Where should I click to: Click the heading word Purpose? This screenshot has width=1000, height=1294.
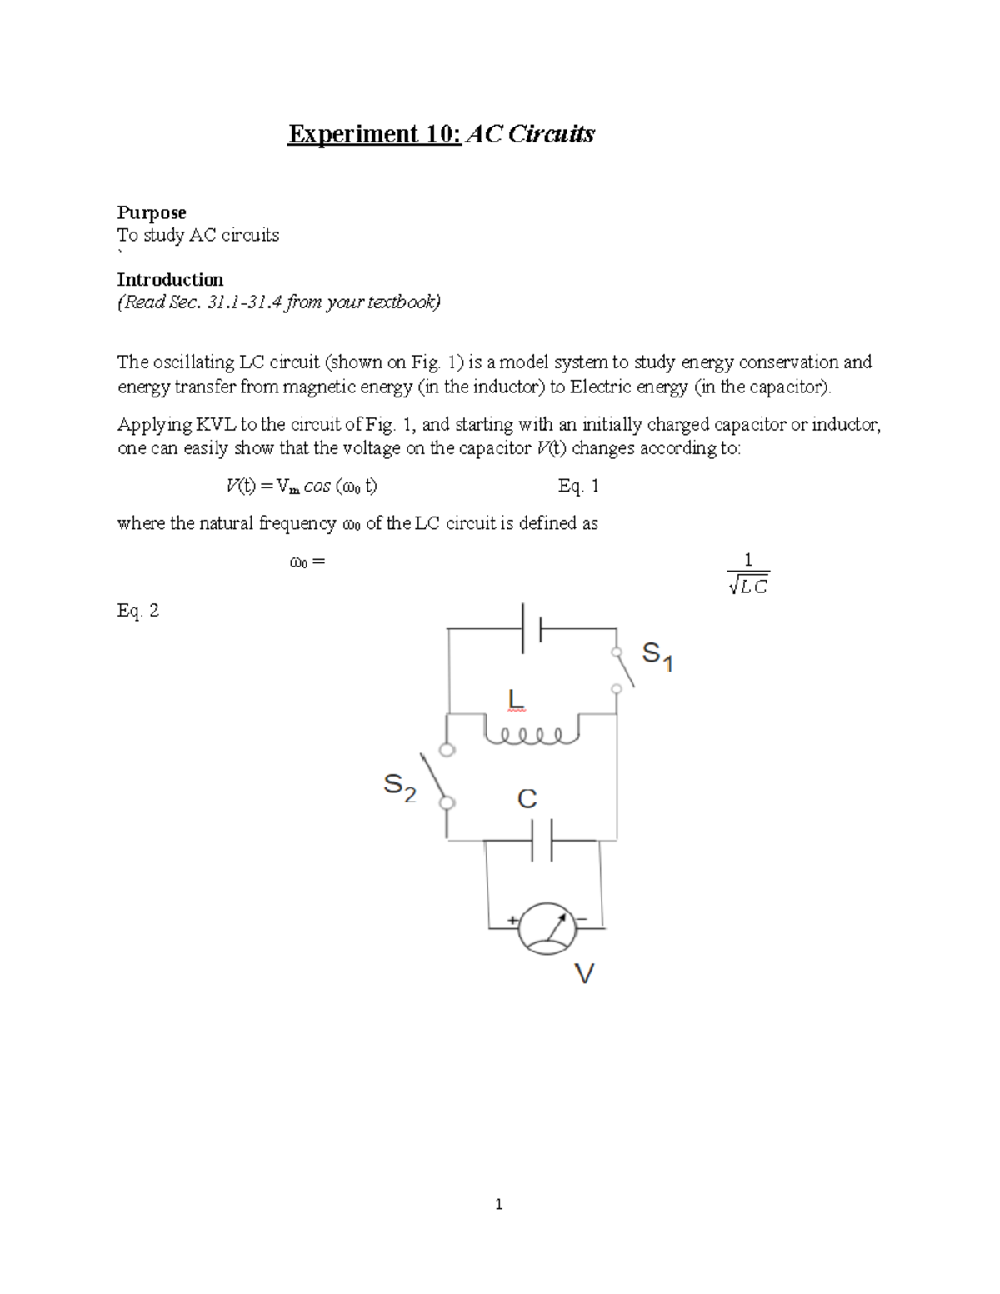tap(151, 213)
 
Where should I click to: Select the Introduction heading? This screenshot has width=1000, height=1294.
tap(170, 280)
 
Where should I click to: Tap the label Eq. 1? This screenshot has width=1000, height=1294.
tap(578, 487)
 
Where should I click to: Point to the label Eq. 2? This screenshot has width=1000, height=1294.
tap(138, 611)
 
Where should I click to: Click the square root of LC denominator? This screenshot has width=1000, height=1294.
tap(747, 587)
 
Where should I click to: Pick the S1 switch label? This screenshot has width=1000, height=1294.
tap(657, 656)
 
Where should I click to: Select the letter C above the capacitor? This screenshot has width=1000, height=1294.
tap(527, 799)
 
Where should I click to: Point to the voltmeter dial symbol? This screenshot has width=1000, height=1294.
tap(547, 927)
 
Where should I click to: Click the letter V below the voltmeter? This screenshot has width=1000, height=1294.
tap(585, 973)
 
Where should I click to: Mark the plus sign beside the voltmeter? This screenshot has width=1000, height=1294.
tap(512, 921)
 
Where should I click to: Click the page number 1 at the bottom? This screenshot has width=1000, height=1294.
tap(498, 1204)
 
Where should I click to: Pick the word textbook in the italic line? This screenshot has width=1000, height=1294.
tap(398, 302)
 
